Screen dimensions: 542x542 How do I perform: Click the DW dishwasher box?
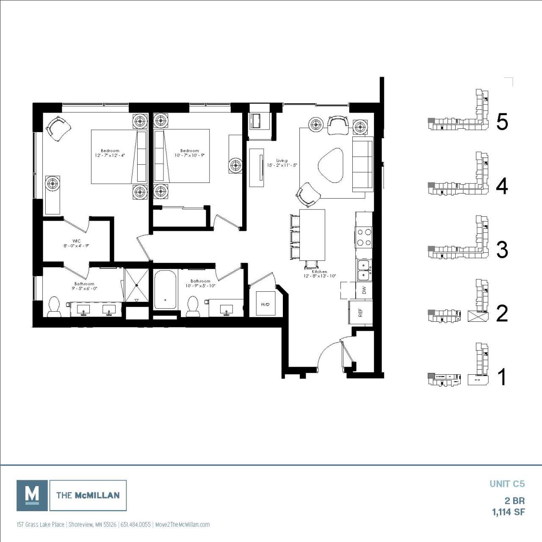[x=363, y=290]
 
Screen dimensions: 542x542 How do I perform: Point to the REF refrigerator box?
[x=360, y=312]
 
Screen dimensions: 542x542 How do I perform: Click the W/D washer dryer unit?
[x=265, y=304]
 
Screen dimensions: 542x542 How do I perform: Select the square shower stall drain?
[x=137, y=285]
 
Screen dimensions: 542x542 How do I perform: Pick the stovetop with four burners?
[x=364, y=238]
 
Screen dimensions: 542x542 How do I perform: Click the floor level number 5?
[x=502, y=122]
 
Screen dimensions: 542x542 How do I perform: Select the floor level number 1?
[x=502, y=377]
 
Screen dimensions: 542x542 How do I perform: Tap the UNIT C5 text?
[x=507, y=484]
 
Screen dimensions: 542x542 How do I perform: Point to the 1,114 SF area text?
[x=508, y=512]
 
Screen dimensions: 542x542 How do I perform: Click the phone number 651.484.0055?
[x=135, y=525]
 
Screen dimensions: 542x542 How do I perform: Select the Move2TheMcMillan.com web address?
[x=183, y=525]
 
